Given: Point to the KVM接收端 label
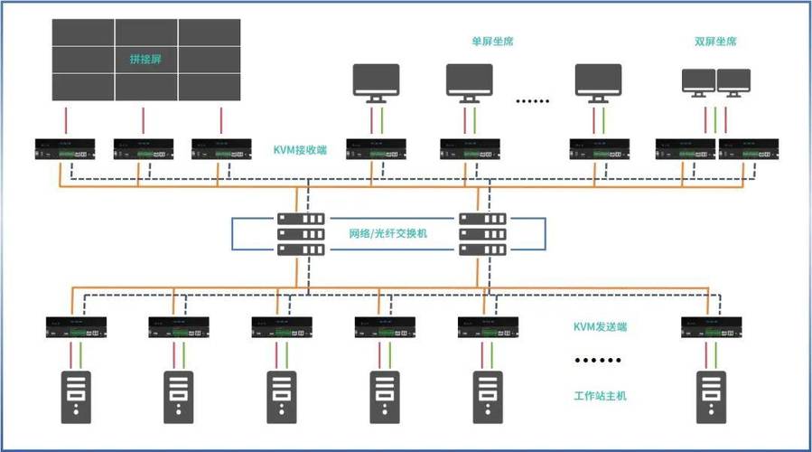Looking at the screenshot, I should coord(300,149).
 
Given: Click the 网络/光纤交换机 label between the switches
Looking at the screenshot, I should coord(388,233).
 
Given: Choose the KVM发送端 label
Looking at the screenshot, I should coord(600,326).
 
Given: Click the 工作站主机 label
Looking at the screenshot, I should coord(600,396).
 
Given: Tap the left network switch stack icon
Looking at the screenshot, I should coord(301,233).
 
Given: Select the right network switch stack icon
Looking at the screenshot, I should coord(481,233).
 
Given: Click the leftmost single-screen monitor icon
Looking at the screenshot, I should coord(374,82).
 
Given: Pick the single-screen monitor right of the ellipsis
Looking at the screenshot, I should coord(599,82).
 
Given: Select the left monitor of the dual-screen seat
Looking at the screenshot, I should coord(697,82).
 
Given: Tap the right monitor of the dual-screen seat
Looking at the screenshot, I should coord(732,82).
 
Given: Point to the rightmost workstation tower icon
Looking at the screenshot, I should coord(709,397).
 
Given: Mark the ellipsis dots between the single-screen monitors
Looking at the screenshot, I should coord(532,101).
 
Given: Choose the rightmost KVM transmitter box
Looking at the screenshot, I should coord(709,326).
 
